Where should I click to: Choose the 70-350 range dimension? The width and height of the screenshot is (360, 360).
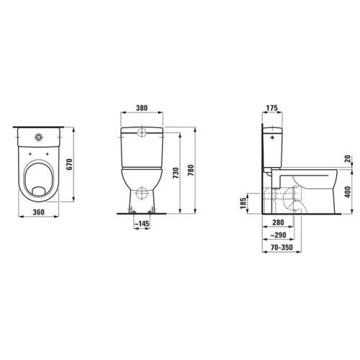[x=276, y=247]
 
